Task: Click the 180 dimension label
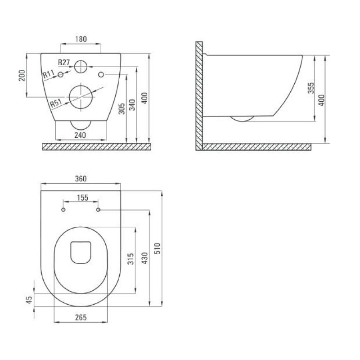tap(81, 39)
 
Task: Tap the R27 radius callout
tap(64, 62)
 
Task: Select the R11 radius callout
tap(49, 74)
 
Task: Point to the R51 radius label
tap(56, 103)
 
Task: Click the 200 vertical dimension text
tap(22, 76)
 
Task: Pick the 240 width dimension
tap(80, 135)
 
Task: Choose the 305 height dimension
tap(121, 108)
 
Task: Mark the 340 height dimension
tap(132, 105)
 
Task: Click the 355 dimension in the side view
tap(311, 88)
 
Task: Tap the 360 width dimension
tap(81, 179)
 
